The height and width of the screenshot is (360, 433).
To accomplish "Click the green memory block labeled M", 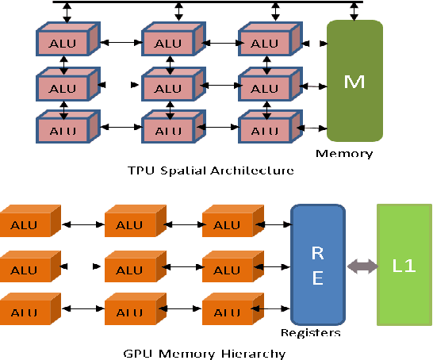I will point(354,81).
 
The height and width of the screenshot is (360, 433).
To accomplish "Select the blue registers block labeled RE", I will point(318,266).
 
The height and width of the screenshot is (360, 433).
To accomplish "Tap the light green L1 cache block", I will point(404,265).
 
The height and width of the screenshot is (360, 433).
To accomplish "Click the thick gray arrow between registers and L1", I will point(361,266).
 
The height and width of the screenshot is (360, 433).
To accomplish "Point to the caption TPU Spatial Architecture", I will point(211,170).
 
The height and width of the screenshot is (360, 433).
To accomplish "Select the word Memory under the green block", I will point(344,153).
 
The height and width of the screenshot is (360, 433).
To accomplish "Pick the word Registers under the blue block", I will point(310,333).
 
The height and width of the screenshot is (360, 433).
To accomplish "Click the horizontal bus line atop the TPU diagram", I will point(206,2).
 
